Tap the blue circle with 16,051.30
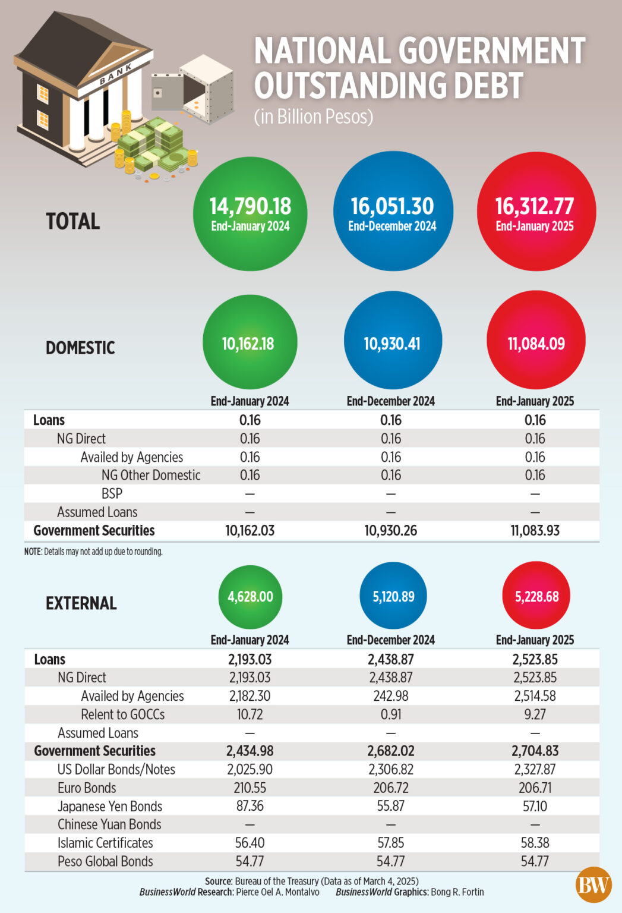(393, 212)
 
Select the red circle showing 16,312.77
(535, 212)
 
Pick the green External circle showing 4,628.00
(250, 597)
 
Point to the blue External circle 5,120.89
(393, 596)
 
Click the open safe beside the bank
(196, 89)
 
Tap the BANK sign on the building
(115, 75)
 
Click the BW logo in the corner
(593, 885)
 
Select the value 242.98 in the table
(391, 696)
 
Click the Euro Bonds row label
(87, 788)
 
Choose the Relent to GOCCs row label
(122, 714)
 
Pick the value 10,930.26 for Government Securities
(390, 531)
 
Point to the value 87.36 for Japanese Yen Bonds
(250, 806)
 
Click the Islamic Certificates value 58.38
(535, 843)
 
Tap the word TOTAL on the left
(73, 221)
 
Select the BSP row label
(112, 494)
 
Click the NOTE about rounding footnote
(93, 552)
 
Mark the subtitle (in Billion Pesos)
(314, 117)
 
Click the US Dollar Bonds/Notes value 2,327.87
(535, 769)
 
